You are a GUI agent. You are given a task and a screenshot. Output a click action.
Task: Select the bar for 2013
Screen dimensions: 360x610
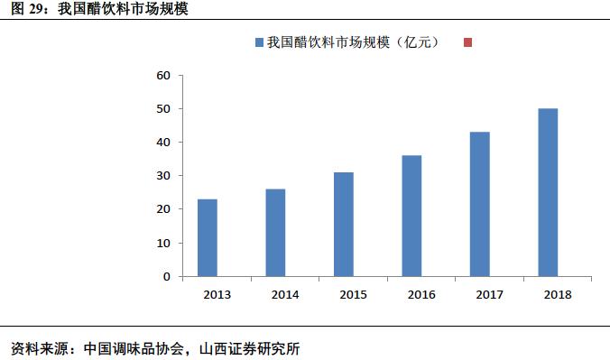click(208, 237)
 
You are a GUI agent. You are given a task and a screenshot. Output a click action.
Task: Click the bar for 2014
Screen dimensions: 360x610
click(276, 233)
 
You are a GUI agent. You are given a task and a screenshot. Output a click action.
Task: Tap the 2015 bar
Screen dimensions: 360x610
click(344, 224)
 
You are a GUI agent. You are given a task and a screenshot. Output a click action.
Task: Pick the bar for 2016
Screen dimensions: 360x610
click(412, 216)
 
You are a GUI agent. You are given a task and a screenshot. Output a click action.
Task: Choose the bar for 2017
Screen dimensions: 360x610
click(480, 204)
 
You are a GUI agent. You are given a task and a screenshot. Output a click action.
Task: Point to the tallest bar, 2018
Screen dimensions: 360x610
click(548, 192)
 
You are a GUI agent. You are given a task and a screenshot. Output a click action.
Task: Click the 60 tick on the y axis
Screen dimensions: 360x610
click(163, 76)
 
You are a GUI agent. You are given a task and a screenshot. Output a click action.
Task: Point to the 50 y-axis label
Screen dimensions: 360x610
click(163, 109)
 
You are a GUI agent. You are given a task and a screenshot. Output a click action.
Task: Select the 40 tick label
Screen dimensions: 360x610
click(163, 143)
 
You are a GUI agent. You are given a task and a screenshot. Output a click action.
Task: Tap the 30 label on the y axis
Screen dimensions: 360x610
click(163, 176)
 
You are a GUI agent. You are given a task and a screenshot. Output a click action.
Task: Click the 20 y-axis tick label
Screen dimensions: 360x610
click(163, 209)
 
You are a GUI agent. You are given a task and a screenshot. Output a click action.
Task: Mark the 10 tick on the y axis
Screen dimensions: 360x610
click(163, 243)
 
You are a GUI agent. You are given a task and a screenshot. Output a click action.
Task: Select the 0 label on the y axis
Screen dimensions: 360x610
click(167, 276)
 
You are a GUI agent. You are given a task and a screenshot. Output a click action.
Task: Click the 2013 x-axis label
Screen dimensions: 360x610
click(217, 295)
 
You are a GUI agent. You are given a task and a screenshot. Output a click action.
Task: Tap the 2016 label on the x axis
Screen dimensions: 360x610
click(421, 295)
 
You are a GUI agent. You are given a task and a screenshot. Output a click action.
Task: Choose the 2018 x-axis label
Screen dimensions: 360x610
click(558, 295)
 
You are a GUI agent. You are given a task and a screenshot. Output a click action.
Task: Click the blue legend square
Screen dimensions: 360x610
click(260, 42)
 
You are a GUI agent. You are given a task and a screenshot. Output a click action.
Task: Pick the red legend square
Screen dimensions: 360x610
click(467, 42)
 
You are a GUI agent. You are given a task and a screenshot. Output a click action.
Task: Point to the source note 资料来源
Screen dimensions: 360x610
click(154, 347)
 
